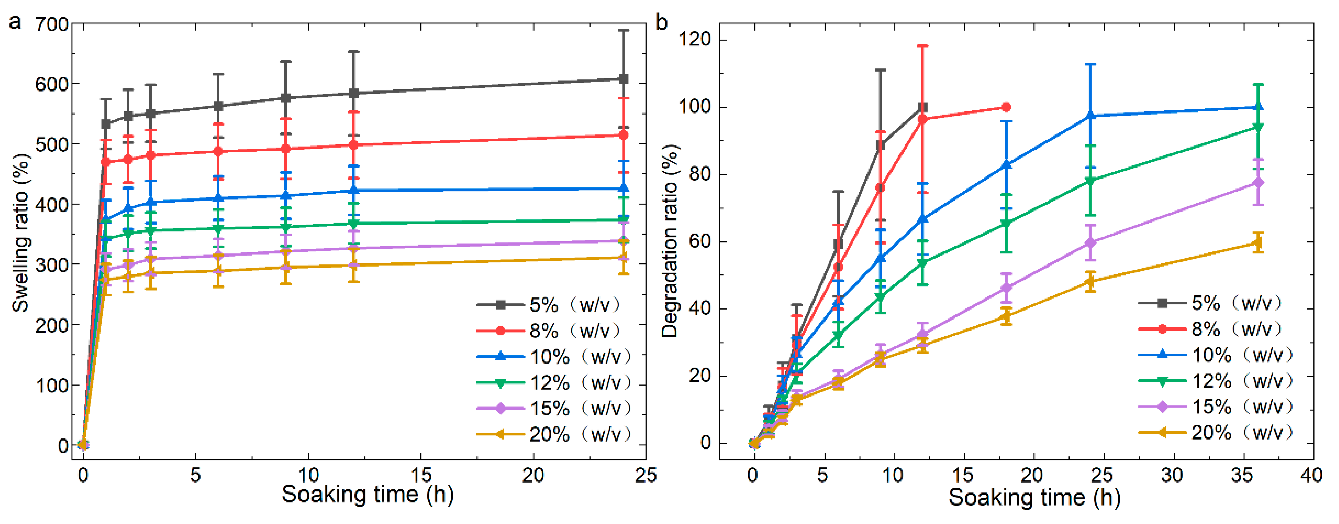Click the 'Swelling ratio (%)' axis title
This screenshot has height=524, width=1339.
[21, 233]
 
